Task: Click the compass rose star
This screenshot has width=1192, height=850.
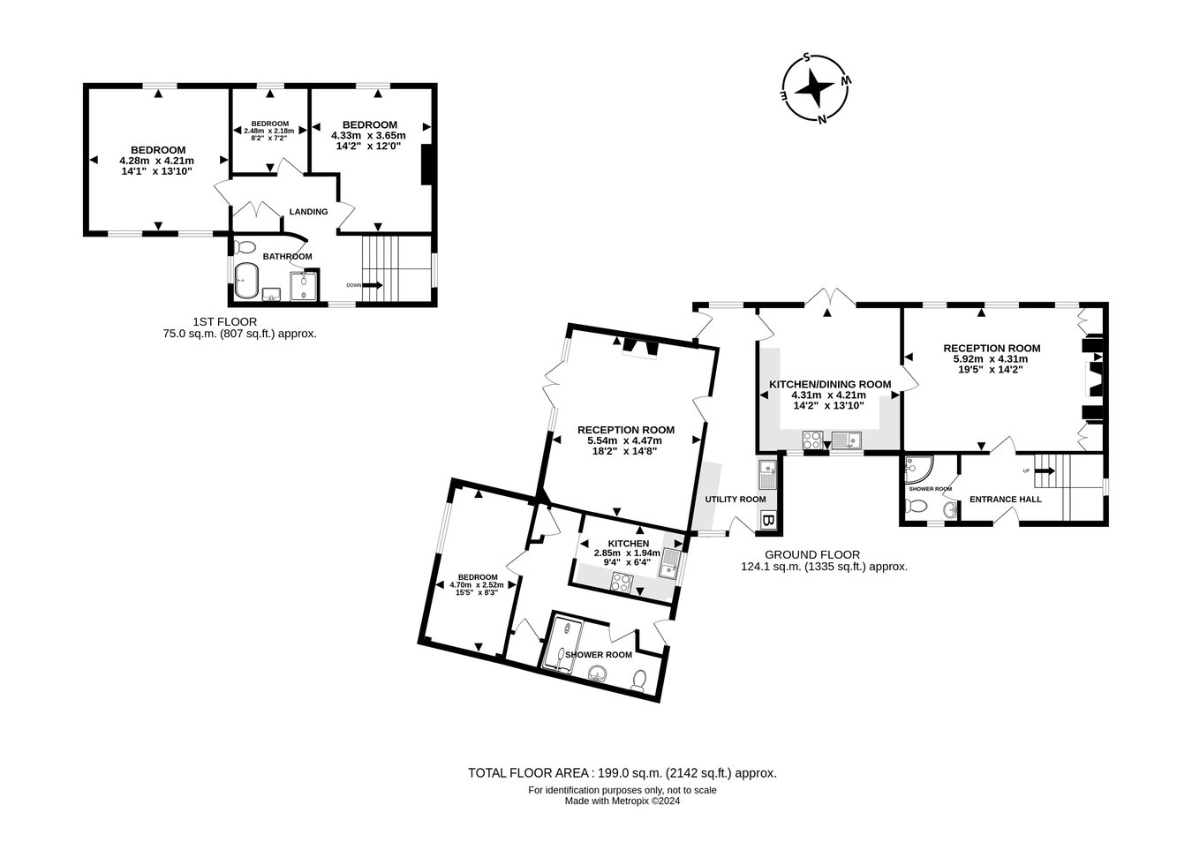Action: (814, 89)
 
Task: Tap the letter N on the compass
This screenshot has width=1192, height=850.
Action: (822, 119)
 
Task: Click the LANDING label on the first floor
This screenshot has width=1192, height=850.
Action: (308, 212)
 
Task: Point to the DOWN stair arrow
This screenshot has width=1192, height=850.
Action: (372, 285)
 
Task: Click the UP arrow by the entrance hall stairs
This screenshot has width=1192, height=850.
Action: (1045, 470)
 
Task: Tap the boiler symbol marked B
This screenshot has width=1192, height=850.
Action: (767, 520)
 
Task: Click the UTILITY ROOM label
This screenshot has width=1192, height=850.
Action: (736, 500)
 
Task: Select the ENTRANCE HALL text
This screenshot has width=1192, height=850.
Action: (1006, 500)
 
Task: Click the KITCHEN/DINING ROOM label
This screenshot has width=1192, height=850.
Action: (830, 385)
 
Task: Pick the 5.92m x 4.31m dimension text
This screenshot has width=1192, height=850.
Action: (991, 359)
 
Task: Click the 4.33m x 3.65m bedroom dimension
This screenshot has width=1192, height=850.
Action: (368, 136)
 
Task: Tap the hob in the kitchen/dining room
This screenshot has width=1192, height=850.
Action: (812, 440)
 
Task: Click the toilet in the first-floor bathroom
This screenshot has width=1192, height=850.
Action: (245, 247)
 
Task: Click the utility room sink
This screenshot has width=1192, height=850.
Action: (767, 475)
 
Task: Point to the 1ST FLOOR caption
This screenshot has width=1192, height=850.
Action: (224, 322)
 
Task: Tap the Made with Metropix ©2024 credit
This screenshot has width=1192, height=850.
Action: (622, 801)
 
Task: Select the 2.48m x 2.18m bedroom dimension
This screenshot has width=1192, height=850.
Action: (270, 131)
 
